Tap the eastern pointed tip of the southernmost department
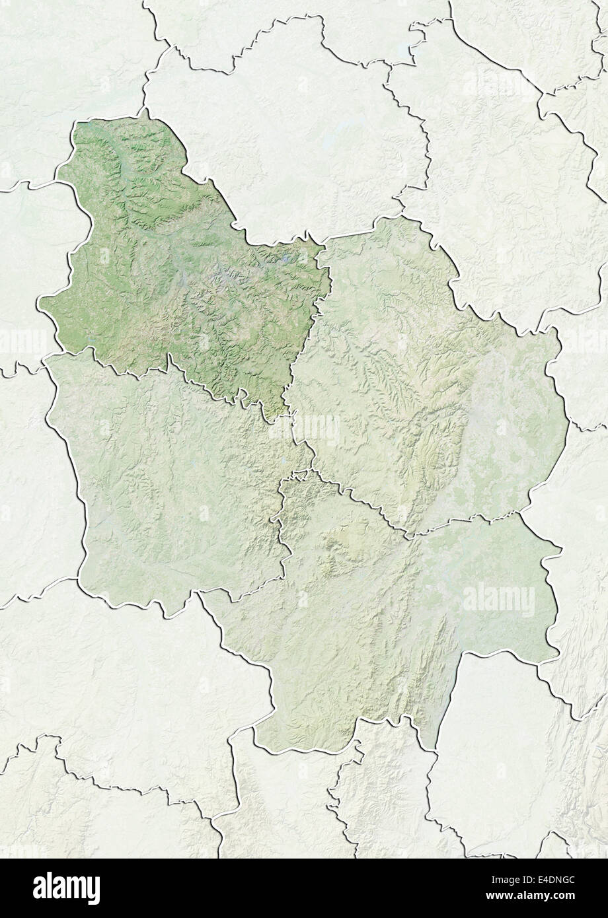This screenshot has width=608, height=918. pyautogui.click(x=561, y=547)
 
